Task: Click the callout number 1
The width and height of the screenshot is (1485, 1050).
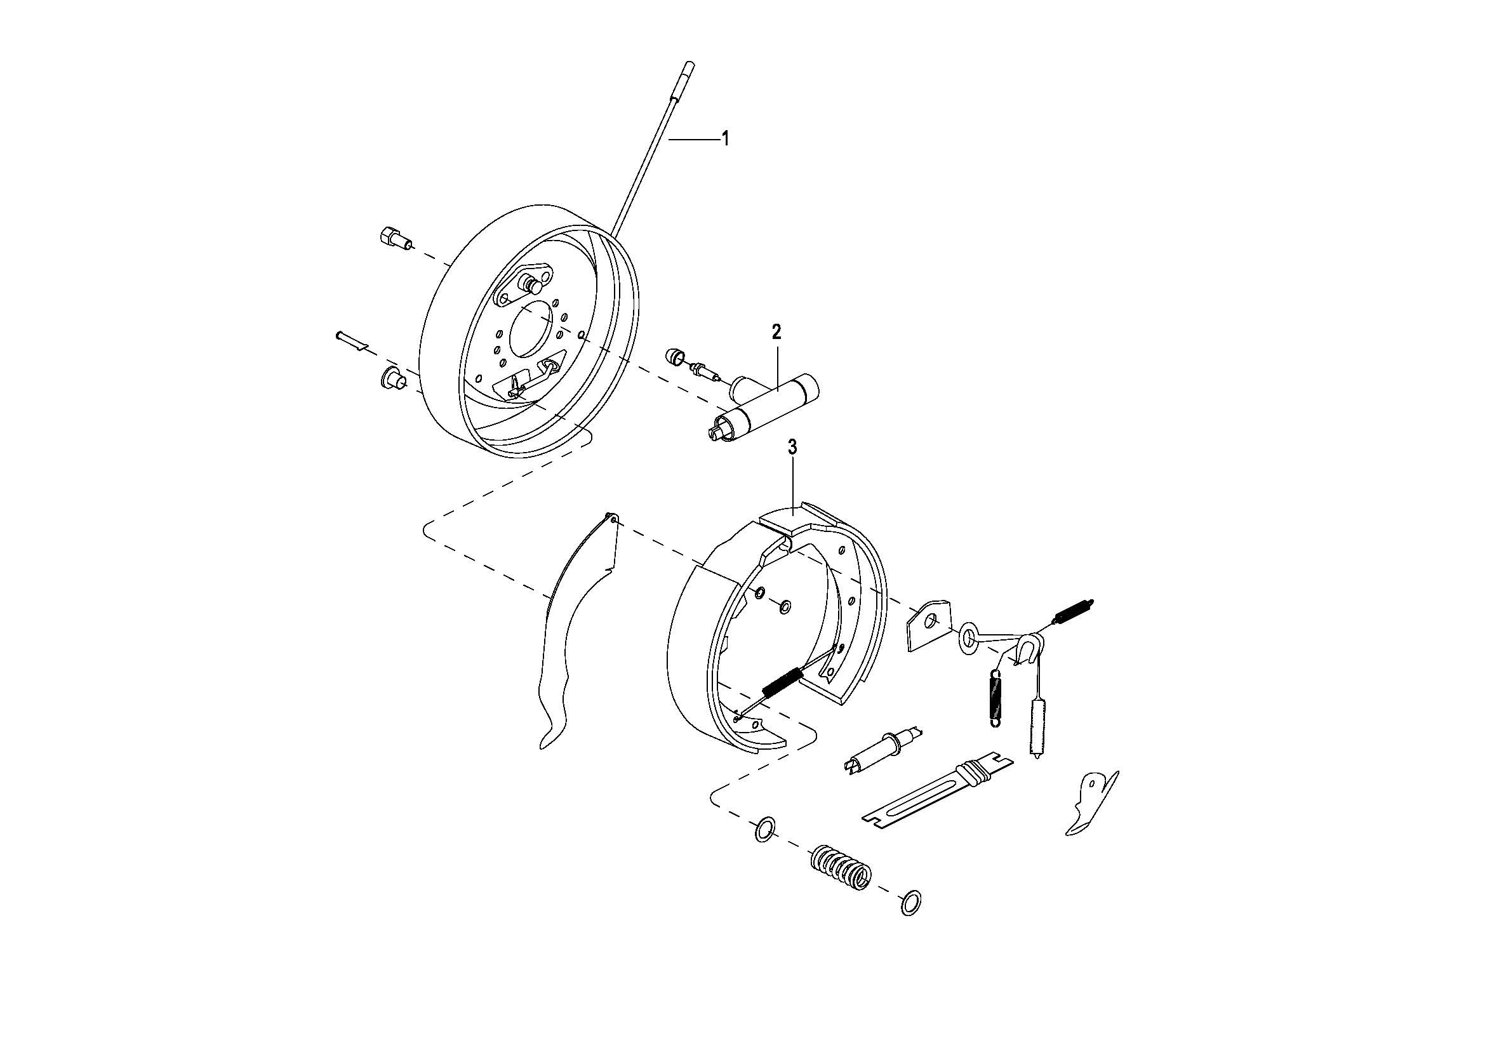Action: [725, 138]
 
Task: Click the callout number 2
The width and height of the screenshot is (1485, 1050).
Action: [776, 331]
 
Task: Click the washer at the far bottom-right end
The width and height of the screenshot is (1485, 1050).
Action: [910, 903]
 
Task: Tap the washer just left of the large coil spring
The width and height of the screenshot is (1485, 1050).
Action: [765, 830]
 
